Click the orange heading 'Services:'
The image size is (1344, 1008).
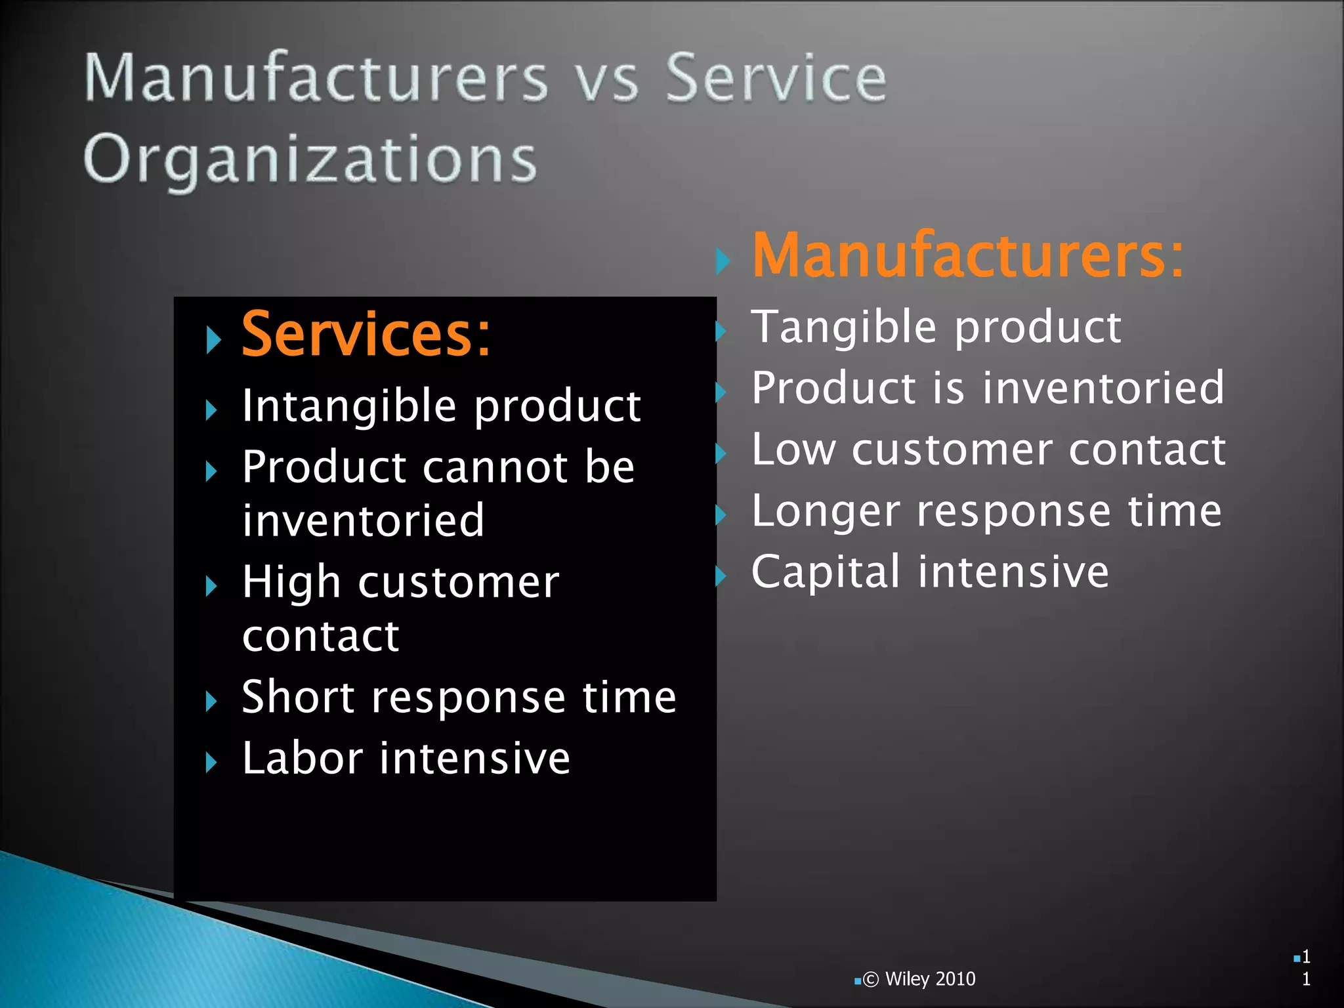(x=366, y=335)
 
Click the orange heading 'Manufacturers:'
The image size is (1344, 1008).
(x=968, y=256)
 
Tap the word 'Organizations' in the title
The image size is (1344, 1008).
(x=310, y=159)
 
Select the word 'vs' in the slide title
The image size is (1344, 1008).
(x=606, y=80)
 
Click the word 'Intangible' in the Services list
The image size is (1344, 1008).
(x=349, y=406)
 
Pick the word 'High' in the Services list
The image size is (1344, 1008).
(x=291, y=582)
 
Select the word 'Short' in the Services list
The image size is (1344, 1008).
(x=298, y=697)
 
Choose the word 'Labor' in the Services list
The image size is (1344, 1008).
(x=303, y=759)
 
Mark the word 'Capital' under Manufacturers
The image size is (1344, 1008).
(x=826, y=572)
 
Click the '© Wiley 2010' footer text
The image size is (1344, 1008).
(x=919, y=979)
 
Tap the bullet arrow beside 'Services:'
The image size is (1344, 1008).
(x=213, y=340)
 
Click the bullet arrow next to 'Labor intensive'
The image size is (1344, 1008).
(x=211, y=763)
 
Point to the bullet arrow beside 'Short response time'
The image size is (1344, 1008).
(x=211, y=702)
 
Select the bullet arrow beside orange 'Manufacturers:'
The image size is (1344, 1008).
(x=723, y=261)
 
